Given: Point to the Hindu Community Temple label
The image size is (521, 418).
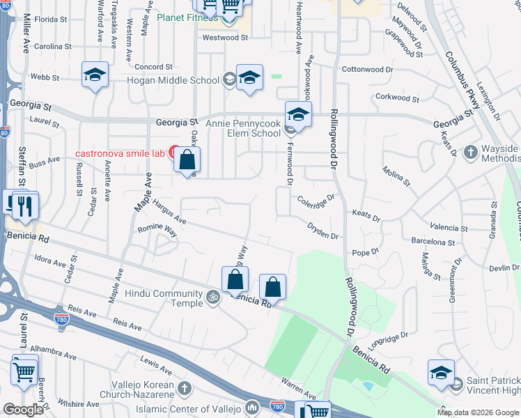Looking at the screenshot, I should pyautogui.click(x=163, y=299).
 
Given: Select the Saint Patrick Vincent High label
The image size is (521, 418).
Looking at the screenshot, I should pyautogui.click(x=493, y=385).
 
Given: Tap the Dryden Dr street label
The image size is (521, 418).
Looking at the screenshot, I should pyautogui.click(x=323, y=230).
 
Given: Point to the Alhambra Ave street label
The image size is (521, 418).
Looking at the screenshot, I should pyautogui.click(x=46, y=348).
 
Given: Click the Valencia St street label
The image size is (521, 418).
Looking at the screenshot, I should pyautogui.click(x=449, y=228).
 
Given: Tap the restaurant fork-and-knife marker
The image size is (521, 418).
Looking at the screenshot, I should pyautogui.click(x=26, y=206).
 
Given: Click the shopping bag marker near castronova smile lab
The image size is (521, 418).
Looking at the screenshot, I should pyautogui.click(x=187, y=160).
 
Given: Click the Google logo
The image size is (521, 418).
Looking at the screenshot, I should pyautogui.click(x=23, y=410).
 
